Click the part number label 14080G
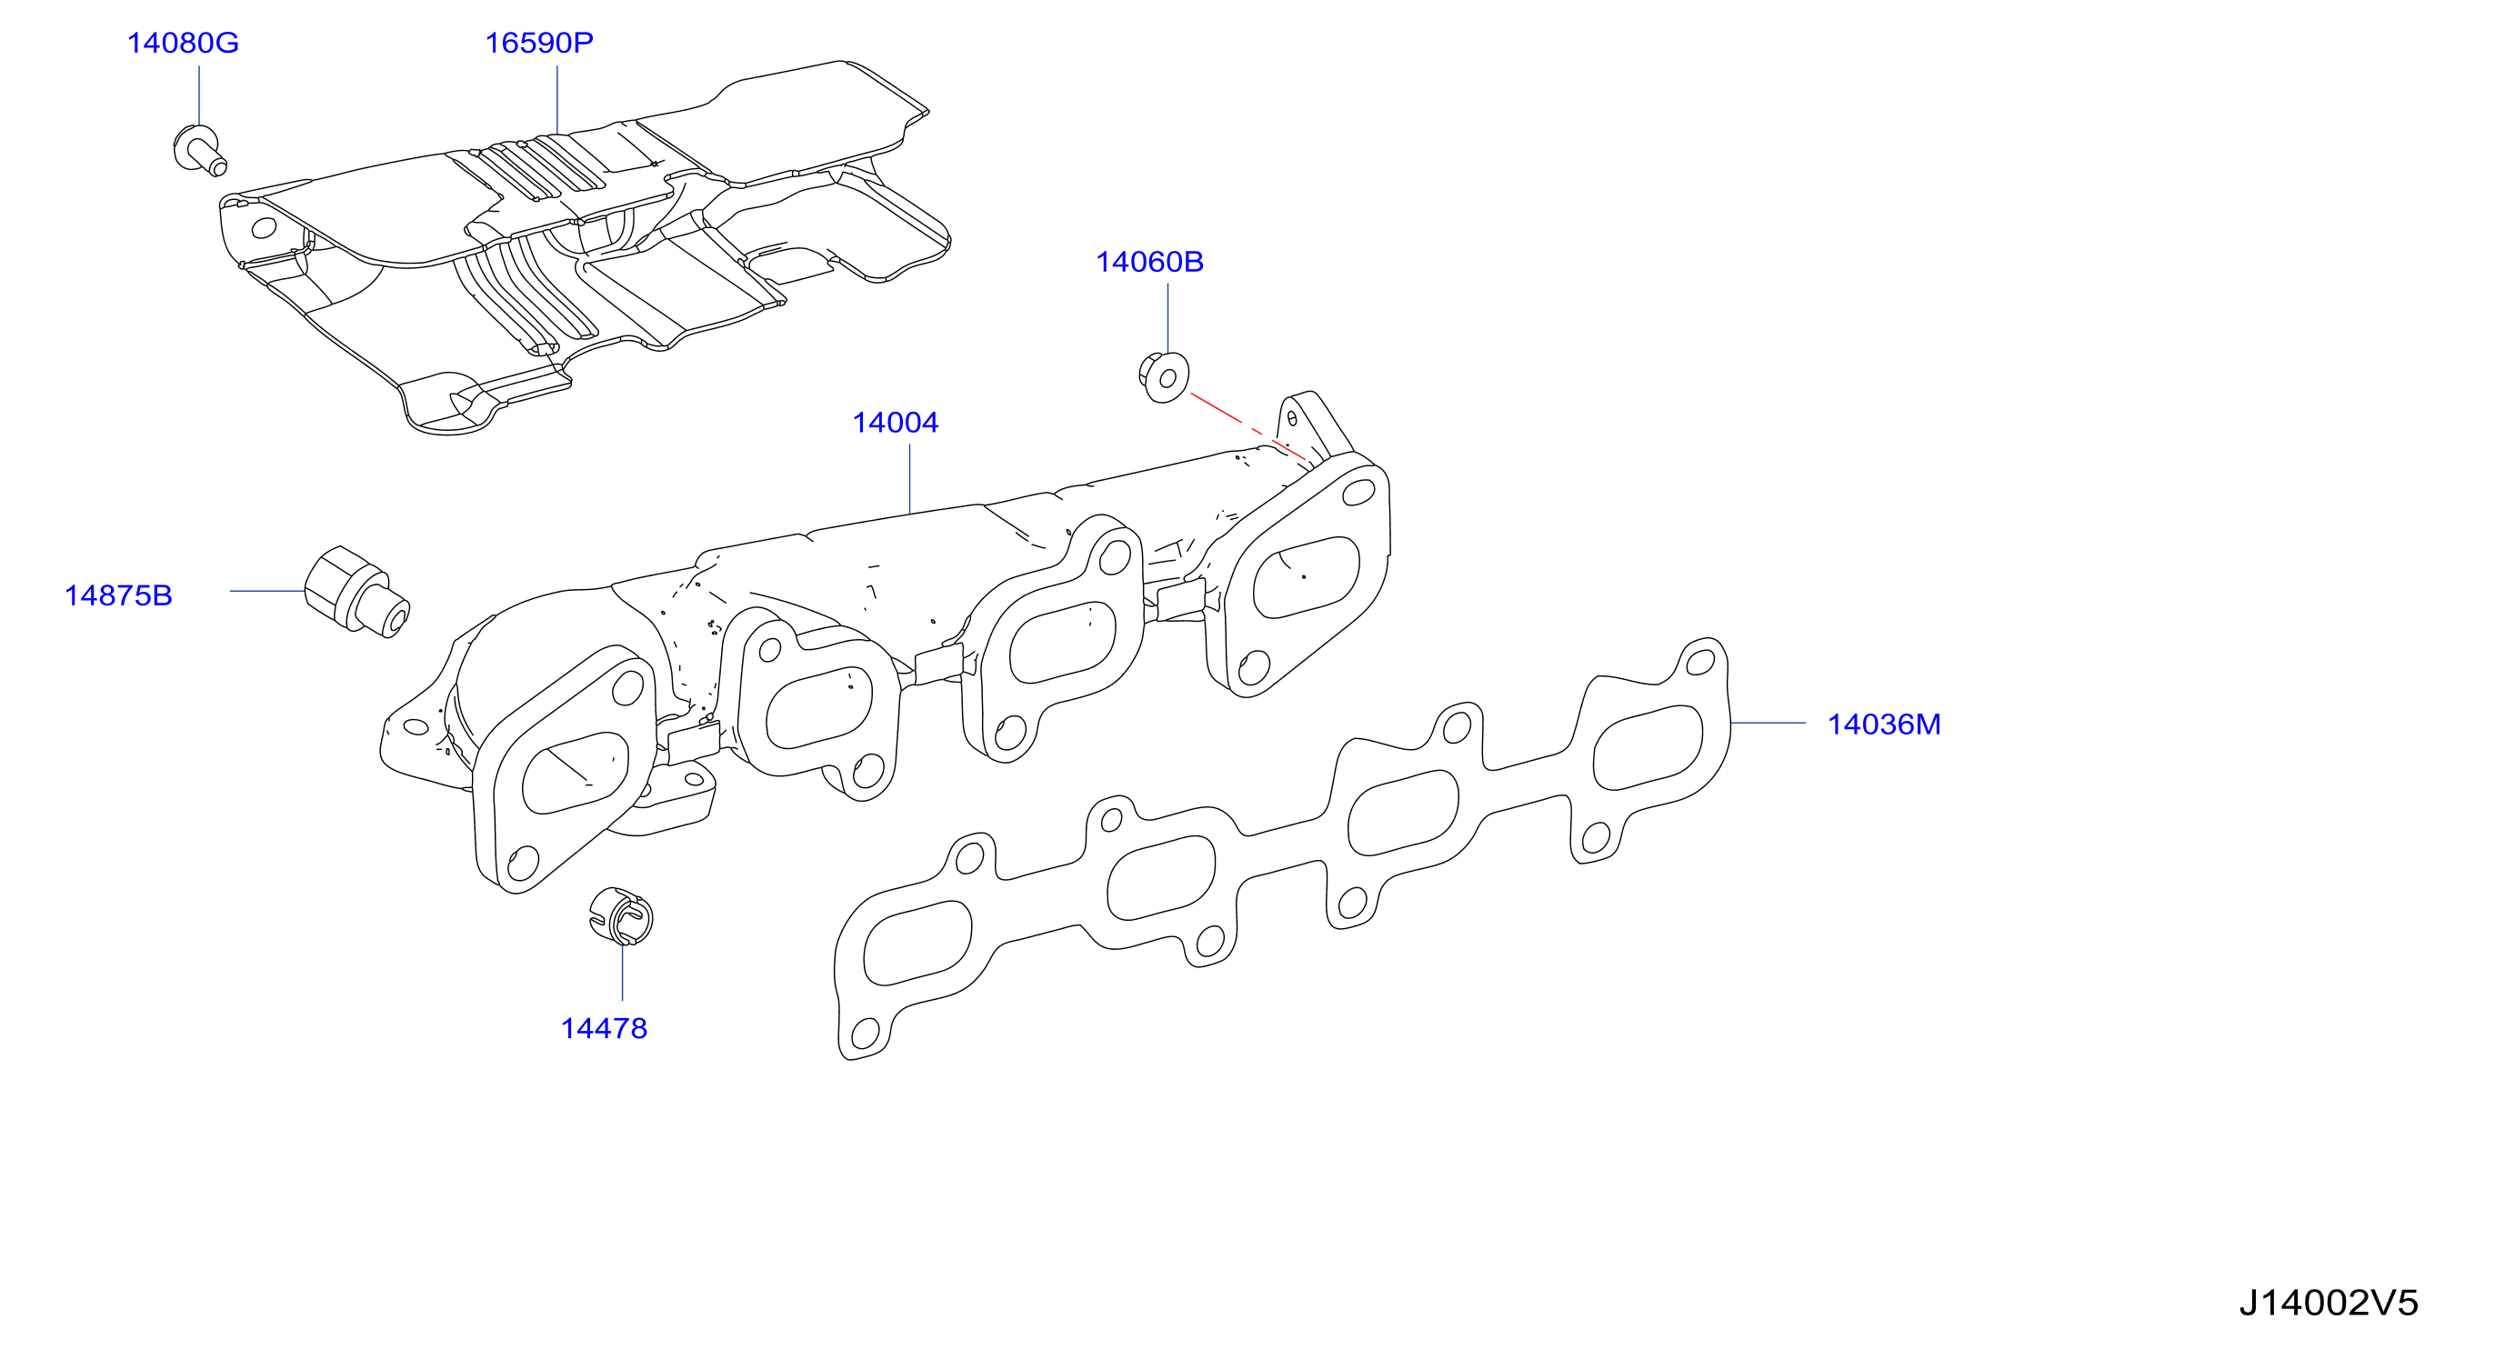183,43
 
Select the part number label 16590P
539,43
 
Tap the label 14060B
1149,262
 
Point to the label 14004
896,423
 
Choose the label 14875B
118,595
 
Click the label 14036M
1883,724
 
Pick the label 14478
604,1028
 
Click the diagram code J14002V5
2329,1302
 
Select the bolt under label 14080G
199,150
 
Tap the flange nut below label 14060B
1164,376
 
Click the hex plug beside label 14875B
356,592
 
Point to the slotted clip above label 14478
622,916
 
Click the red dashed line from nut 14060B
1248,426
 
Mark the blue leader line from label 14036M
1769,724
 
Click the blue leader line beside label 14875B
267,591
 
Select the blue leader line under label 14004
910,478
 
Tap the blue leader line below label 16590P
557,100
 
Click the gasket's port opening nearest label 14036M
1648,746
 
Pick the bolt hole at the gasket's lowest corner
866,1032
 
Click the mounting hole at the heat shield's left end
265,228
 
